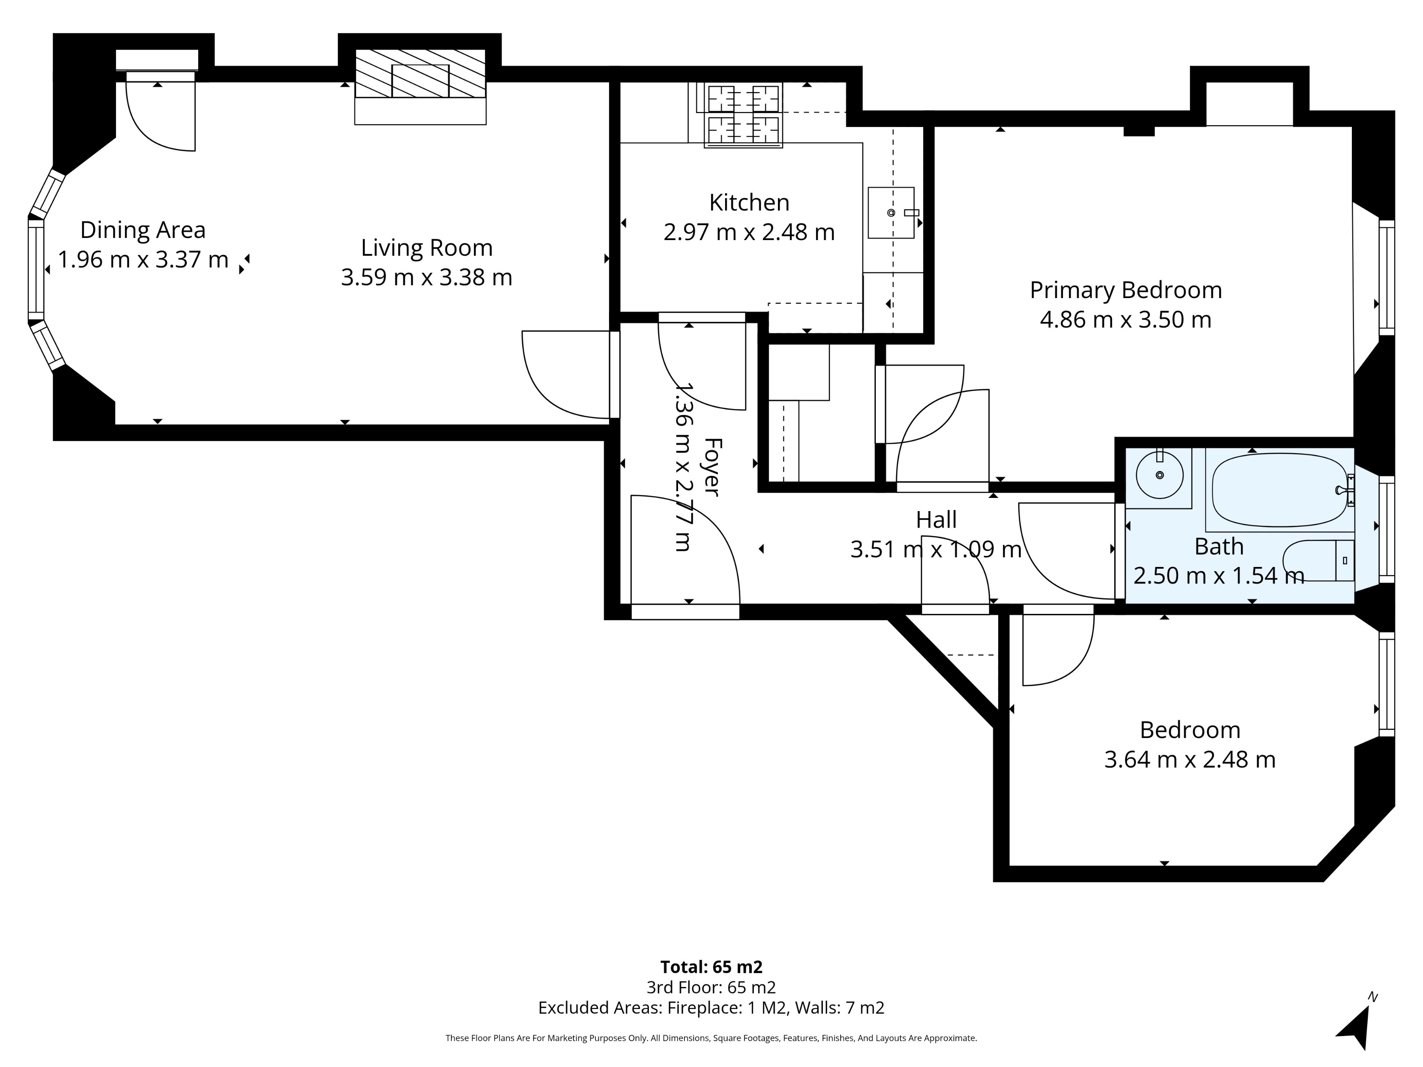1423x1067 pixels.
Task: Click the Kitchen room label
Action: [749, 202]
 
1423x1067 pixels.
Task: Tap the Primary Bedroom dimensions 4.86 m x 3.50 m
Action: [1125, 320]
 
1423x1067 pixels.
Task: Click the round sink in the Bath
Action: [1159, 475]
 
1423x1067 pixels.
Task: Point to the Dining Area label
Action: [143, 229]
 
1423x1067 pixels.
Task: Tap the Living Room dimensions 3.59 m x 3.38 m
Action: [426, 277]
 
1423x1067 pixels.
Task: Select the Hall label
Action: [936, 520]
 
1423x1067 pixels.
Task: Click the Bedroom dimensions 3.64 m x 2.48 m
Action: [1190, 760]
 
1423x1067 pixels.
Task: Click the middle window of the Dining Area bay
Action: [36, 270]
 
